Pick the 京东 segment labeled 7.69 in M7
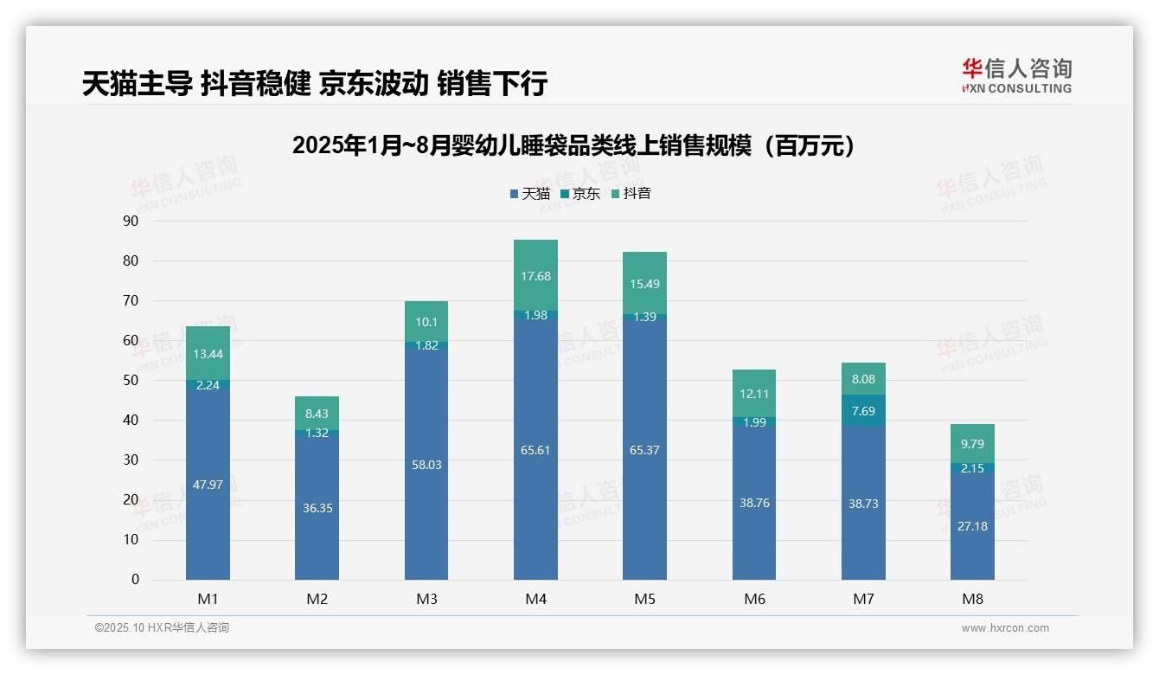863,410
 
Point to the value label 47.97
208,485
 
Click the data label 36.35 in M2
317,508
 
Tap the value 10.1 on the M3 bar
426,322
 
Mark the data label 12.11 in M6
754,394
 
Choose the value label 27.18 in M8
972,525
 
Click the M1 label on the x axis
208,599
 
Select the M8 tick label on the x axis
972,599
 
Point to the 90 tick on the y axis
131,221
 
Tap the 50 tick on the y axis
131,380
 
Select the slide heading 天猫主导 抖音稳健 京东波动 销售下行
315,84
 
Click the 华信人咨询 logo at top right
1016,75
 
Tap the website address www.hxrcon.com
1005,628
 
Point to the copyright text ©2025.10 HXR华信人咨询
162,627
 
